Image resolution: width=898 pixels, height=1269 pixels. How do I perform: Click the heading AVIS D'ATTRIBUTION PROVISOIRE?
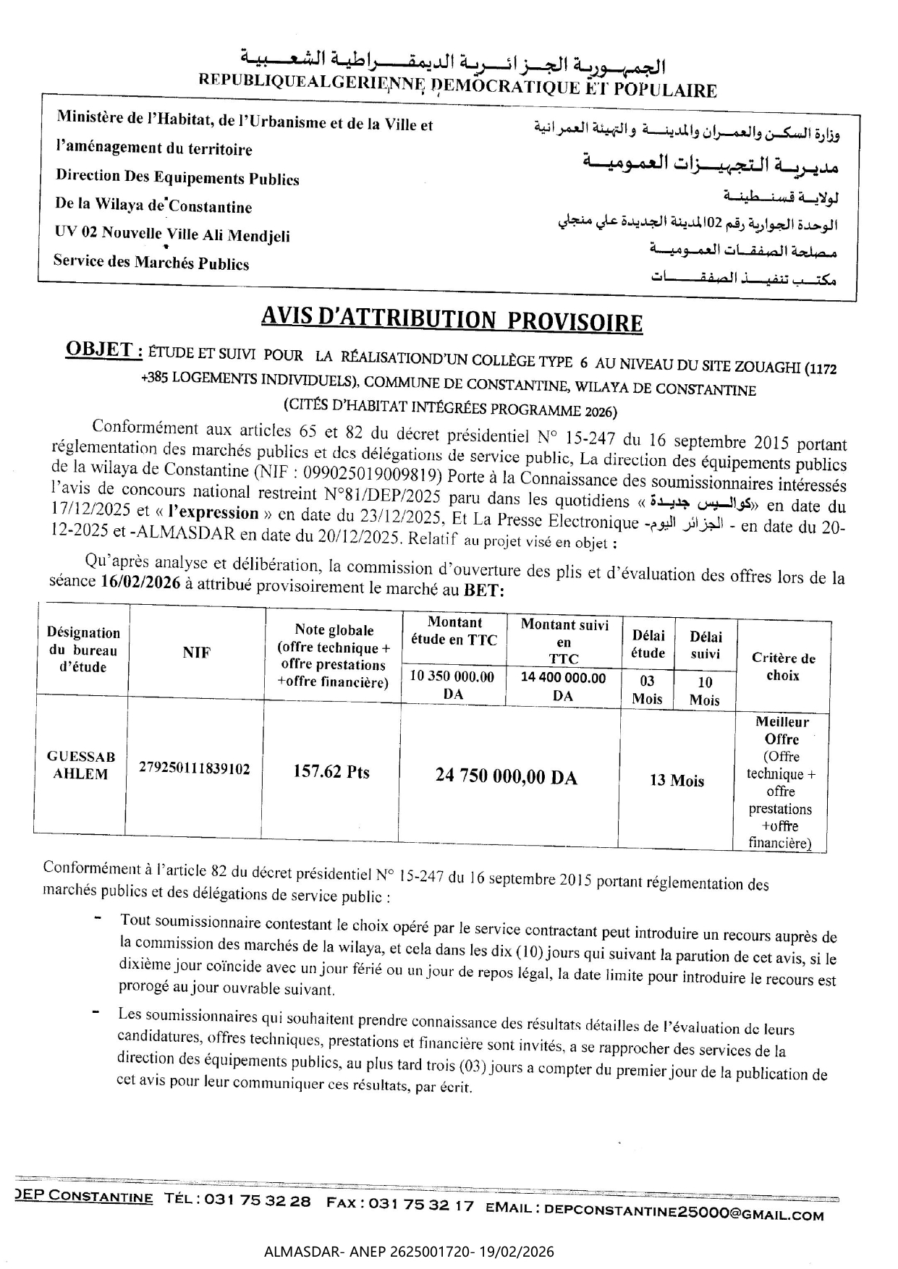coord(451,319)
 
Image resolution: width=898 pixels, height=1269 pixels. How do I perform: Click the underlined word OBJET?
coord(103,350)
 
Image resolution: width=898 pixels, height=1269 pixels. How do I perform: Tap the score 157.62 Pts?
coord(331,772)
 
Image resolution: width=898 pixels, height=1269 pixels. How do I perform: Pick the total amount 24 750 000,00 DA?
coord(506,777)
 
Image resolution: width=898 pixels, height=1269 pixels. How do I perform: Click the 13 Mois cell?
coord(677,781)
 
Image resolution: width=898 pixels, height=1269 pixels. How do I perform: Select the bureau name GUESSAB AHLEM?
coord(81,765)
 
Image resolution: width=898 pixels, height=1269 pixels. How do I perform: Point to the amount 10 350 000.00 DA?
coord(452,685)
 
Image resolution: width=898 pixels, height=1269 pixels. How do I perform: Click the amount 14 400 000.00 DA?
coord(563,686)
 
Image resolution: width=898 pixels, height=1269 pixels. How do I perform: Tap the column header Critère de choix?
coord(783,666)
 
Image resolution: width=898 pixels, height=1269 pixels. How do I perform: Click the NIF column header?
coord(196,653)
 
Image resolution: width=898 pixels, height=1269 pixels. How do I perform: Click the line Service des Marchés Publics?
coord(151,263)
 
